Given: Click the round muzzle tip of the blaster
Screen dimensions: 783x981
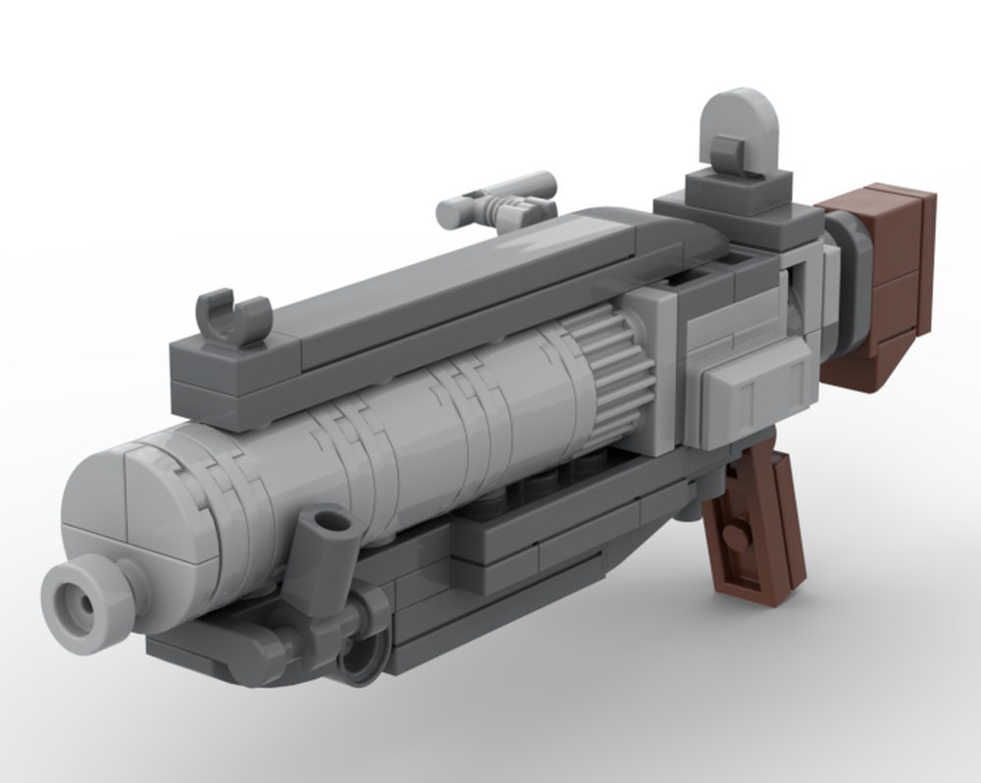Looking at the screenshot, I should tap(86, 601).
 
